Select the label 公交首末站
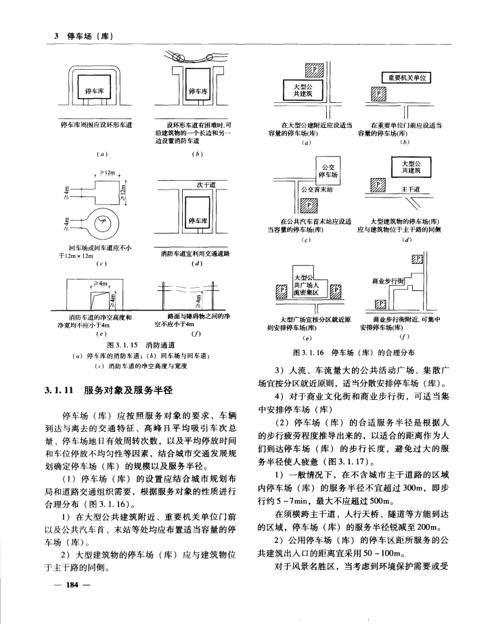pos(316,190)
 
